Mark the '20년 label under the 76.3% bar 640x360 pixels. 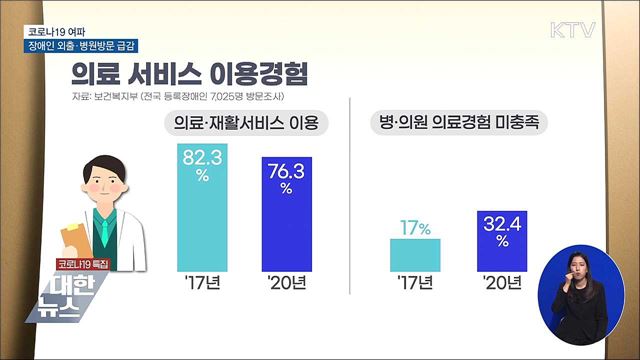click(x=287, y=283)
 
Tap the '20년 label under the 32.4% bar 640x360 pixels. click(x=501, y=283)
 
